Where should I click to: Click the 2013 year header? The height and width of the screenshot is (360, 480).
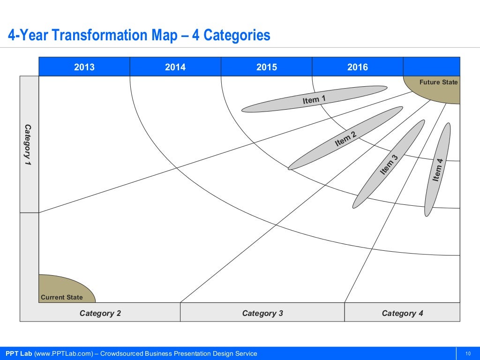click(84, 67)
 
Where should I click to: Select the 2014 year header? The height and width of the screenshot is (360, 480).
click(175, 67)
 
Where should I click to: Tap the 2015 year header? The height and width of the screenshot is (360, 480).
click(266, 67)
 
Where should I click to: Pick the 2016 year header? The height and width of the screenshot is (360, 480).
click(357, 67)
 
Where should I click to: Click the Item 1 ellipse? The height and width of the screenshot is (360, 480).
click(314, 99)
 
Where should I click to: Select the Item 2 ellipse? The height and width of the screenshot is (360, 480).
click(345, 138)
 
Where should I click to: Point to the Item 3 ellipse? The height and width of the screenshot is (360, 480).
click(389, 164)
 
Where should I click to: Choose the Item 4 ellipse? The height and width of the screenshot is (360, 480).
click(438, 170)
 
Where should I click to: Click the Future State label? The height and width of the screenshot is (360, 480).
click(438, 82)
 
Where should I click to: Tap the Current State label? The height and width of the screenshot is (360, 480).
click(62, 297)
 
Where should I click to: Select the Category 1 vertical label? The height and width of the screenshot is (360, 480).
click(28, 144)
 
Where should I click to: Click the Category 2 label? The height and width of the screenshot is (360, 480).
click(100, 313)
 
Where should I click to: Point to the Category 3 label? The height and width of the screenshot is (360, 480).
click(262, 313)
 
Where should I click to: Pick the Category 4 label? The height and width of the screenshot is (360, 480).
click(402, 313)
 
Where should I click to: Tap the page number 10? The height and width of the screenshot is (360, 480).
click(468, 353)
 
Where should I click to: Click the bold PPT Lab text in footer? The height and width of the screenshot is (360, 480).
click(19, 353)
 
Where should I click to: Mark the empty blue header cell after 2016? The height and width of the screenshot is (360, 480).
click(431, 67)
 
